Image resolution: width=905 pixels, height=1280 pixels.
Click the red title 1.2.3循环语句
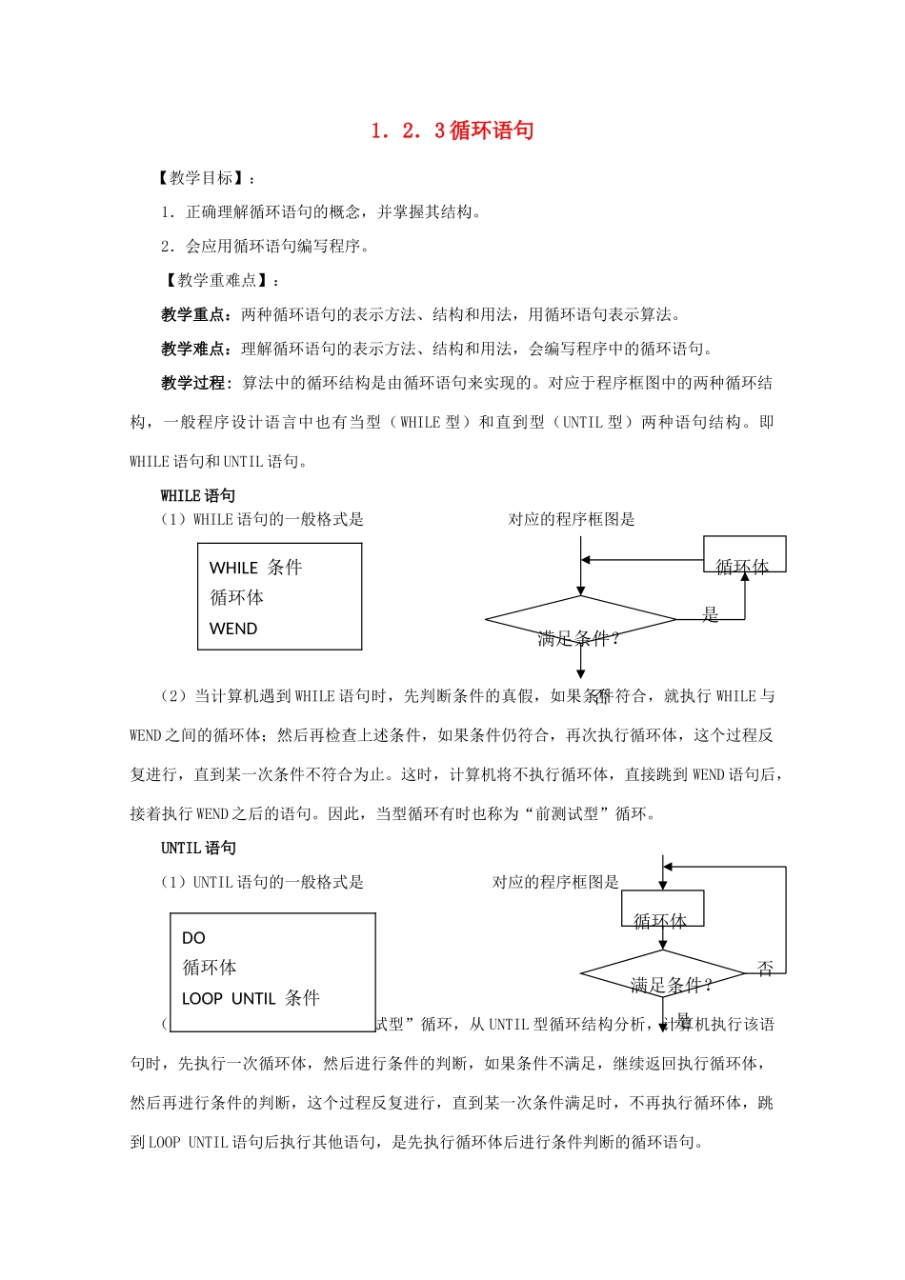[452, 130]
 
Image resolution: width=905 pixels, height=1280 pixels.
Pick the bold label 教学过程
[193, 383]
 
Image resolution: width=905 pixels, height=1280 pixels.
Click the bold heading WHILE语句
[197, 495]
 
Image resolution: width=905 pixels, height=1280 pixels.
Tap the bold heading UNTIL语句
[198, 848]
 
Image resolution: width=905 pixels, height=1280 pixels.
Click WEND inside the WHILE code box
[233, 629]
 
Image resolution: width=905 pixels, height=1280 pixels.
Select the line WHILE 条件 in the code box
[255, 568]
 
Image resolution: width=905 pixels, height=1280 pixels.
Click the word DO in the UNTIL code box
[193, 938]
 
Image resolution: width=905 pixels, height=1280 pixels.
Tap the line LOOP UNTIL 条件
[251, 998]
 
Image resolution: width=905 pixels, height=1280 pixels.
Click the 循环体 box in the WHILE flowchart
[744, 555]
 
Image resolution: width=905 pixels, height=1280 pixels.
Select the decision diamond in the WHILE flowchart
[580, 620]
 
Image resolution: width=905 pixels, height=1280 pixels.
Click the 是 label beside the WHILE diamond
[710, 615]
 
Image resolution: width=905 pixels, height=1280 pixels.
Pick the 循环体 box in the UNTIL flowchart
[661, 909]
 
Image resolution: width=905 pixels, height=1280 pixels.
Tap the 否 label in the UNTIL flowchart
[765, 969]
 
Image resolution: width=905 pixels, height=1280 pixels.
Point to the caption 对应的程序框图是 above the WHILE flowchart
[572, 520]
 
